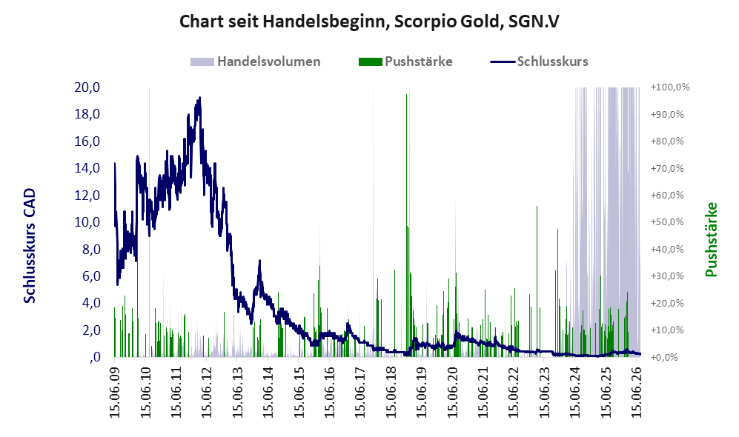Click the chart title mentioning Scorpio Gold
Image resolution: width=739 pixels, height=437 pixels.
[x=369, y=21]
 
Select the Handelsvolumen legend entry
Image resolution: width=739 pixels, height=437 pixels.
[x=256, y=61]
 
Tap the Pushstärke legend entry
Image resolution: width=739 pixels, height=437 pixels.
[x=405, y=61]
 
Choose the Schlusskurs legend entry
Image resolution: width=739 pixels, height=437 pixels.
[x=539, y=61]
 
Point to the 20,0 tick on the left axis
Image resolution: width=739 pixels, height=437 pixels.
[x=87, y=87]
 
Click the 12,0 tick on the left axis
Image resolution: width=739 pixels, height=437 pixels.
[x=87, y=195]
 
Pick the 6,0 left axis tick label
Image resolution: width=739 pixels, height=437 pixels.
[x=91, y=276]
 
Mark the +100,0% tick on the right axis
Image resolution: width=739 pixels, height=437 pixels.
[x=670, y=87]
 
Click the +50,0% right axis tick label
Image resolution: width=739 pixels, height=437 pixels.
[x=667, y=221]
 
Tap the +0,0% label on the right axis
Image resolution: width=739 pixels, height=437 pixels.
[x=665, y=357]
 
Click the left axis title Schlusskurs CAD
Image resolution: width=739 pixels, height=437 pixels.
[x=29, y=246]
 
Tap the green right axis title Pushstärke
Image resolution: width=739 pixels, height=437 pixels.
[x=711, y=239]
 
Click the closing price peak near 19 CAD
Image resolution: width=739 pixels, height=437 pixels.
[x=200, y=98]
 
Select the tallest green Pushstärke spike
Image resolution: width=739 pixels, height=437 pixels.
[x=406, y=225]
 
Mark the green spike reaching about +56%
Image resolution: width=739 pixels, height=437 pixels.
[x=537, y=281]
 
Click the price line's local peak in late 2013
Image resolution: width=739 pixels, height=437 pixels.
[x=259, y=261]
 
